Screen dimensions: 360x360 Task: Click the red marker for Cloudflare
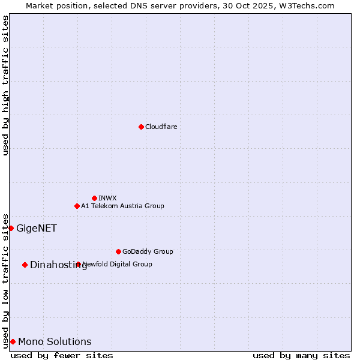(x=141, y=127)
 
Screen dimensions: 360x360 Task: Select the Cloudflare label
(x=161, y=127)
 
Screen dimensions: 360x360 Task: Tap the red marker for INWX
(x=94, y=198)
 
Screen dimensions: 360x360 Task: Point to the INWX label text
(x=107, y=198)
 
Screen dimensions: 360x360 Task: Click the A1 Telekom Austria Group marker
(x=77, y=206)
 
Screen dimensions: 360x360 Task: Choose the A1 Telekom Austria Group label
(x=122, y=206)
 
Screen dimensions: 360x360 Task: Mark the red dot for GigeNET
(x=11, y=228)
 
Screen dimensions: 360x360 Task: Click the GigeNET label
(x=37, y=228)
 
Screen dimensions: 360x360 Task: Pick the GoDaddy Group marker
(x=118, y=251)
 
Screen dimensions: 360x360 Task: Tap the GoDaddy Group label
(x=148, y=251)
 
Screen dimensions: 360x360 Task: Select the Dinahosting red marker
(x=25, y=265)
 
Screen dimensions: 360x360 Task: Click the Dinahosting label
(x=58, y=265)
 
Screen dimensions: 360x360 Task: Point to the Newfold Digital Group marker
(x=78, y=264)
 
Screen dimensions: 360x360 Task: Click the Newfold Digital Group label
(x=118, y=264)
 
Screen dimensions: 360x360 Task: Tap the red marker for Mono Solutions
(x=13, y=341)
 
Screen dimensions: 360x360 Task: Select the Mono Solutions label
(x=55, y=341)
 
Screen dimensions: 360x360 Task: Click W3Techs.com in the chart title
(x=310, y=5)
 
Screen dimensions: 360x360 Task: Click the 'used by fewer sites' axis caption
(x=62, y=355)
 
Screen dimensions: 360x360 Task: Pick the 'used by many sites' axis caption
(x=301, y=355)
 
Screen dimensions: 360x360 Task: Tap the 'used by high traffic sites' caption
(x=5, y=85)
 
